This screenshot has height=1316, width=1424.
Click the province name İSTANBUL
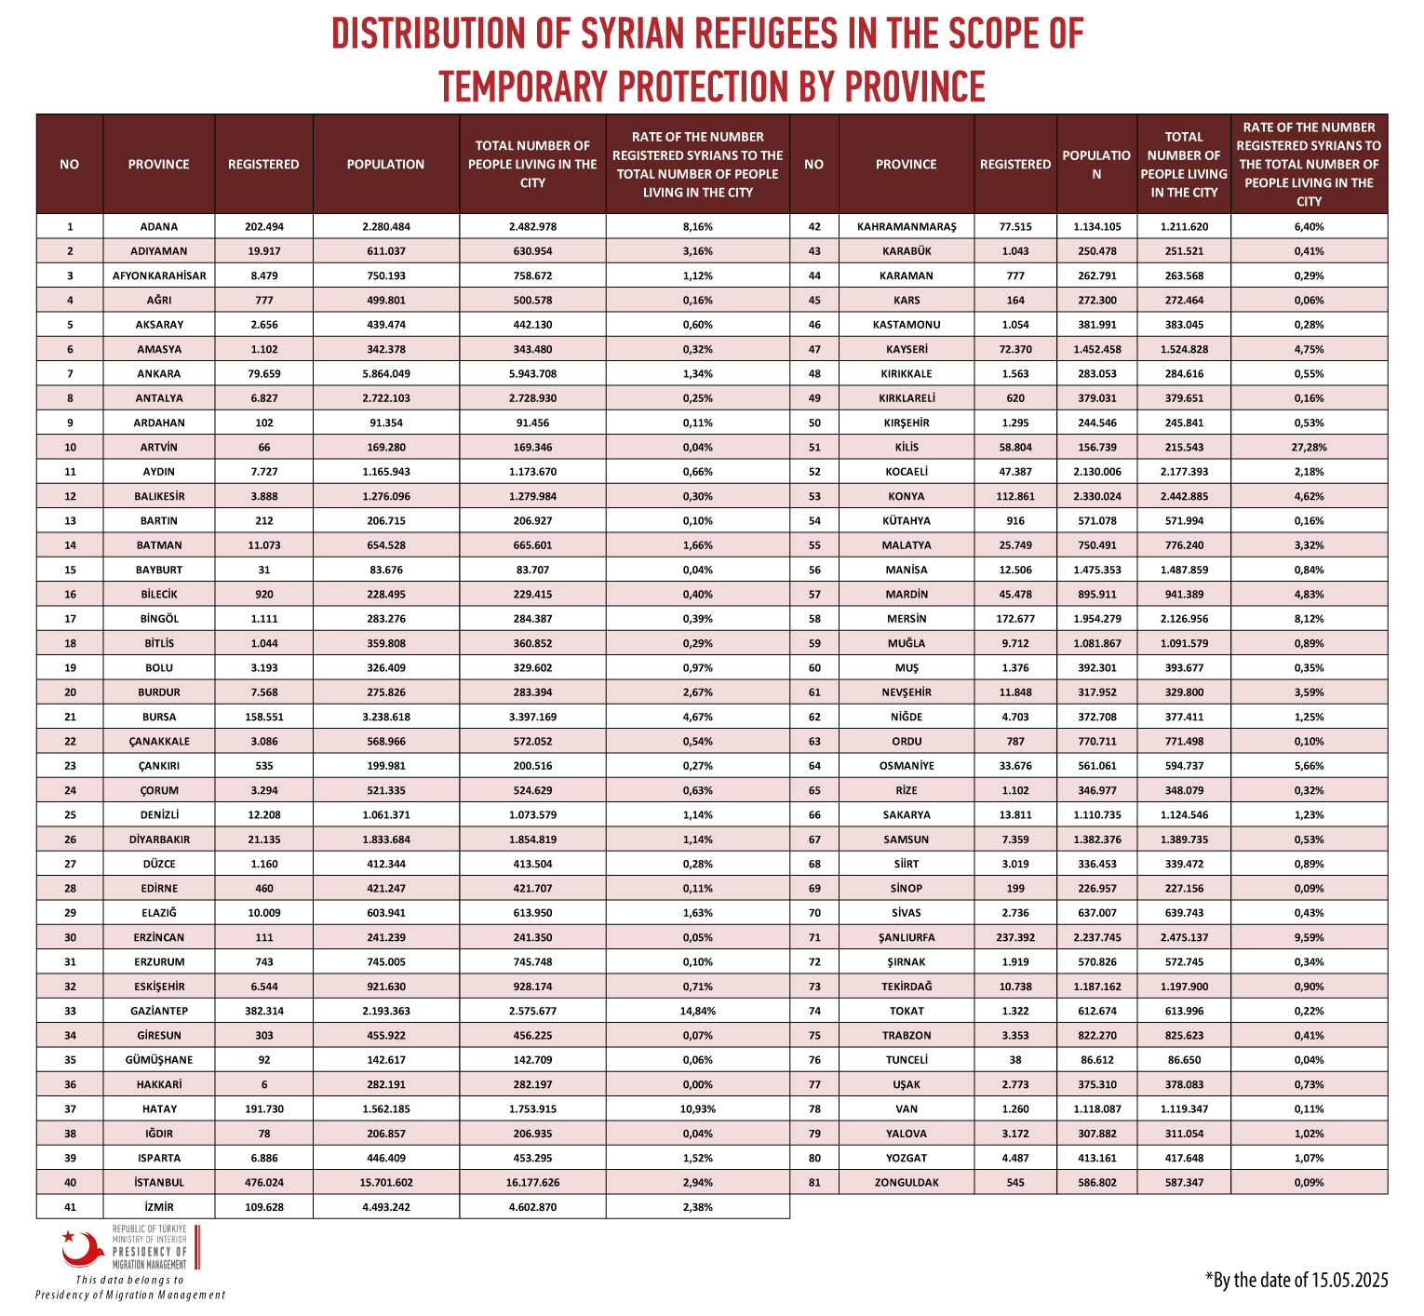159,1182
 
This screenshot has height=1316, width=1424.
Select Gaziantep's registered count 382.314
264,1011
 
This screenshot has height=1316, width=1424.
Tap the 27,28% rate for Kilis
1309,447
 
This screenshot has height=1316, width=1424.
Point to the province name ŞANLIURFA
906,937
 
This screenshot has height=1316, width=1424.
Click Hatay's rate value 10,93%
698,1108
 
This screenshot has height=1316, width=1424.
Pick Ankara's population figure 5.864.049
386,373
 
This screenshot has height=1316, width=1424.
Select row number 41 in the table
70,1207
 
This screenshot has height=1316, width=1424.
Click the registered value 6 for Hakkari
264,1084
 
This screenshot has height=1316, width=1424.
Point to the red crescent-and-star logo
81,1249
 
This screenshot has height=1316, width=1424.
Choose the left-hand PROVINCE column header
159,165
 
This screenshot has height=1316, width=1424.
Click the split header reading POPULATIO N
1096,164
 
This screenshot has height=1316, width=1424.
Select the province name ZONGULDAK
907,1182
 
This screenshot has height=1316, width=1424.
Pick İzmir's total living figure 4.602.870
532,1207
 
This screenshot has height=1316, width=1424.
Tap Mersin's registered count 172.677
1015,619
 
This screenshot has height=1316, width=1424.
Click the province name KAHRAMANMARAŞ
907,226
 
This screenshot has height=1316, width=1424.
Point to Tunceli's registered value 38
1015,1060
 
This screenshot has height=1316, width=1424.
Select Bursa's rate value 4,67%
698,717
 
